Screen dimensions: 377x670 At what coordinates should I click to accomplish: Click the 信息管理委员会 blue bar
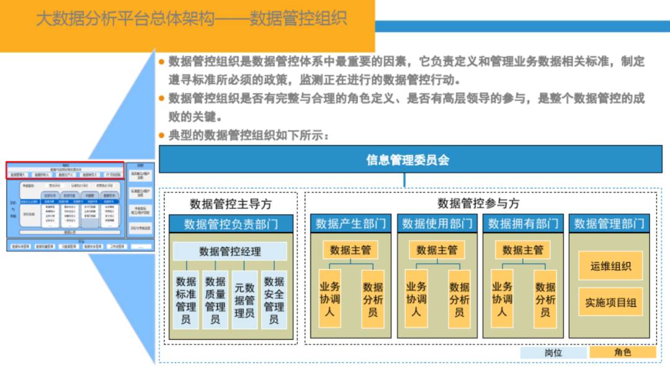click(x=408, y=160)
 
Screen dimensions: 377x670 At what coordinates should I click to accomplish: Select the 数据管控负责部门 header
click(x=231, y=224)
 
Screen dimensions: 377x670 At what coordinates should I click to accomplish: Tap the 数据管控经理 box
click(x=230, y=251)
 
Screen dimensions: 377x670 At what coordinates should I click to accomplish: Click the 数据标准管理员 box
click(x=186, y=300)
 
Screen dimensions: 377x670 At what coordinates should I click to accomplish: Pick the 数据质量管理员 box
click(x=215, y=300)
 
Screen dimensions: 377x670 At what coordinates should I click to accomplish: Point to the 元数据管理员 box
click(x=244, y=300)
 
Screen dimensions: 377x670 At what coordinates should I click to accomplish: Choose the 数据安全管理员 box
click(x=274, y=300)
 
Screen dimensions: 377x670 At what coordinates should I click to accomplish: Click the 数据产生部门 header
click(x=351, y=224)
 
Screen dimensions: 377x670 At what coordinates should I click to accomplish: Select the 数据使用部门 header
click(x=437, y=224)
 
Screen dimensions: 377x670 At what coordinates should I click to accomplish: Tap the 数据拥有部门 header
click(x=523, y=224)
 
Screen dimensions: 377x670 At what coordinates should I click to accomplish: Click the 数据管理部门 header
click(x=609, y=224)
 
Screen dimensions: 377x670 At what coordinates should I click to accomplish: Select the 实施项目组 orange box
click(x=610, y=303)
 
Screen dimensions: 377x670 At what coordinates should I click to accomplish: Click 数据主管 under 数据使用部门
click(x=437, y=250)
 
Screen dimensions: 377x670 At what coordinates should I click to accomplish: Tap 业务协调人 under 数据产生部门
click(x=329, y=298)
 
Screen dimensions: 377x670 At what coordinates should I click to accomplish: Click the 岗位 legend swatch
click(x=553, y=352)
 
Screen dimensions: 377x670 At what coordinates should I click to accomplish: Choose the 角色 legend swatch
click(x=622, y=352)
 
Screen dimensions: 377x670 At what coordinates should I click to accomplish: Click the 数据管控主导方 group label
click(x=230, y=204)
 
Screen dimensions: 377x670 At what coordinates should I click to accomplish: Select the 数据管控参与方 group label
click(x=478, y=203)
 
